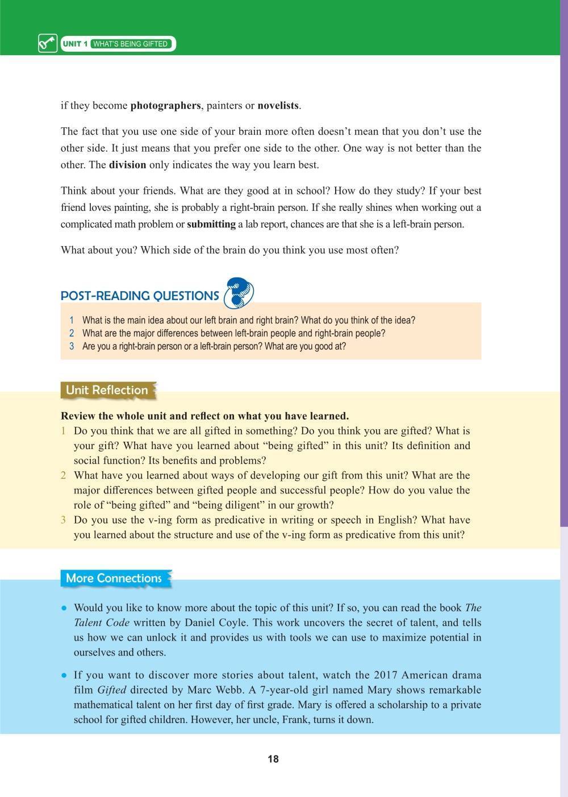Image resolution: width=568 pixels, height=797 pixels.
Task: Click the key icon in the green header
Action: pyautogui.click(x=48, y=44)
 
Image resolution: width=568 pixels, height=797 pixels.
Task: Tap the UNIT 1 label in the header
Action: pyautogui.click(x=75, y=44)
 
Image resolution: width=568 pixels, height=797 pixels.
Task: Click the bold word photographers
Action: pyautogui.click(x=165, y=106)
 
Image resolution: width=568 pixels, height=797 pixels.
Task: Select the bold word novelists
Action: pyautogui.click(x=278, y=106)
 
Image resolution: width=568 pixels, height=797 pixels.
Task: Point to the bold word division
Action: pyautogui.click(x=127, y=165)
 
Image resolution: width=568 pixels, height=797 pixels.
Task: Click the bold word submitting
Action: pyautogui.click(x=211, y=224)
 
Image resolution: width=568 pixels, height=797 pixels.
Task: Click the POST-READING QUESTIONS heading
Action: pyautogui.click(x=140, y=296)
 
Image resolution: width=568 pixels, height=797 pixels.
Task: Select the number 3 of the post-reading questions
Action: pyautogui.click(x=72, y=346)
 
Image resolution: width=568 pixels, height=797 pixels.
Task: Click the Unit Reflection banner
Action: pyautogui.click(x=107, y=390)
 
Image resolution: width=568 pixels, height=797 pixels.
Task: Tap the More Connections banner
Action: pyautogui.click(x=114, y=578)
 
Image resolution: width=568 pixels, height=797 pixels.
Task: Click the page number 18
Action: pyautogui.click(x=273, y=759)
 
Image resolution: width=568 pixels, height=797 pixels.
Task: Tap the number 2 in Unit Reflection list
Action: pyautogui.click(x=64, y=475)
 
